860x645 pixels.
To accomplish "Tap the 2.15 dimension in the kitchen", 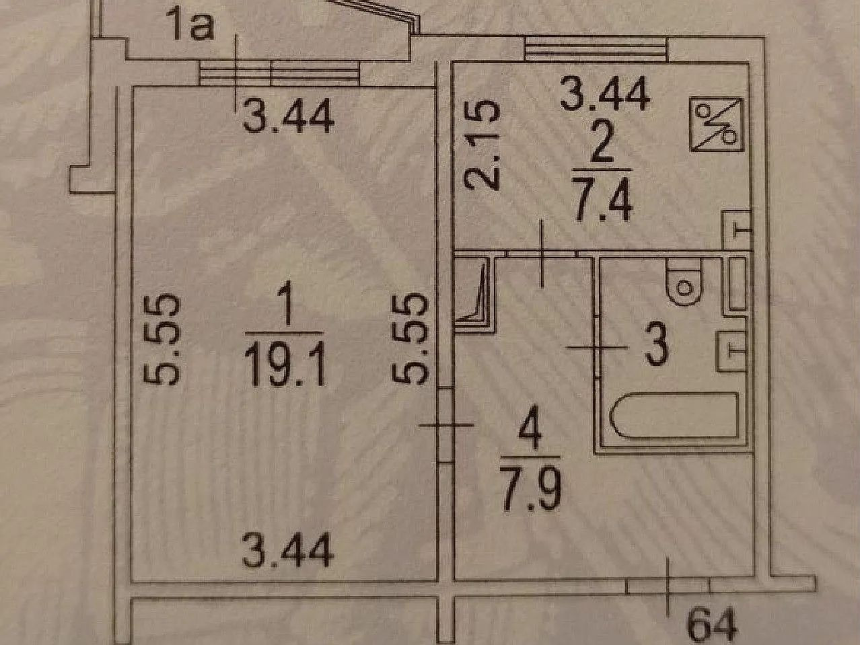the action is coord(482,145).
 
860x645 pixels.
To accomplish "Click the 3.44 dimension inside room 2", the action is coord(605,94).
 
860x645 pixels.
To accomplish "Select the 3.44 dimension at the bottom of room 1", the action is coord(288,553).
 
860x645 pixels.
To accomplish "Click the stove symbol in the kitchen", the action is coord(717,123).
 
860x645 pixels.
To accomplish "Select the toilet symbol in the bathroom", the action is coord(683,282).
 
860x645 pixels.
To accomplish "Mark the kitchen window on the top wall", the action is coord(596,48).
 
